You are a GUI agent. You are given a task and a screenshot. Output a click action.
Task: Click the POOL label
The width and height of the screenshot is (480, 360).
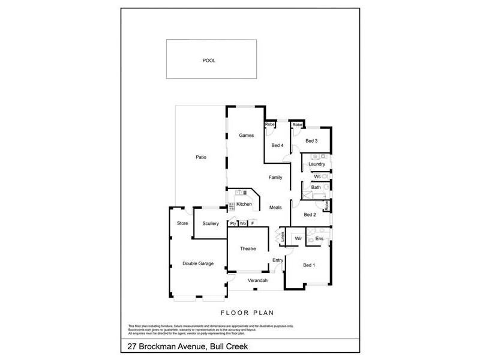209,61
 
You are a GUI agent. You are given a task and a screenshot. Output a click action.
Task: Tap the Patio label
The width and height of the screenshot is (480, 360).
201,157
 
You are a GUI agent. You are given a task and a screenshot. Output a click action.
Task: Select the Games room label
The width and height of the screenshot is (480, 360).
247,136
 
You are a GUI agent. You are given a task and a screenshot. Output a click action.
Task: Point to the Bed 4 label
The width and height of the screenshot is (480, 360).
277,145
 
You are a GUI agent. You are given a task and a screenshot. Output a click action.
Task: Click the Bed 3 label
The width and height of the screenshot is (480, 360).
311,141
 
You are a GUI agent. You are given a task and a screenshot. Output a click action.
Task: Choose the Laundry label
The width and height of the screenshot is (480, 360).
316,164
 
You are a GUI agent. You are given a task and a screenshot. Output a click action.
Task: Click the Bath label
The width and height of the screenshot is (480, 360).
316,188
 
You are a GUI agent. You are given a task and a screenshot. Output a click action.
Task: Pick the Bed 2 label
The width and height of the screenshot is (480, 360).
310,214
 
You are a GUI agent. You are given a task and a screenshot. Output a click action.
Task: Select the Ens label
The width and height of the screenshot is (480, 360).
319,239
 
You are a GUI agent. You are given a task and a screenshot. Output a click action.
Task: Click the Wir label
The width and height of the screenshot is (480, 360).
296,239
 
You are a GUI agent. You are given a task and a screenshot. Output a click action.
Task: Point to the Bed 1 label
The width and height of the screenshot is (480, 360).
308,265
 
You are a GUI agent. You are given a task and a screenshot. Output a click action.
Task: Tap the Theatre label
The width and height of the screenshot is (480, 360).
248,248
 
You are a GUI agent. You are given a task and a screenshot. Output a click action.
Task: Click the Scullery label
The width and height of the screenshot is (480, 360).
210,224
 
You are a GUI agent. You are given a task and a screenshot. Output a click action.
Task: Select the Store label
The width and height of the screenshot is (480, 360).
182,223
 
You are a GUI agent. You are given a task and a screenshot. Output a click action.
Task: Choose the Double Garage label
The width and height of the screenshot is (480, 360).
198,263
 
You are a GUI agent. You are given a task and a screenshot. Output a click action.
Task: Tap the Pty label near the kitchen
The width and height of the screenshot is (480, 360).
233,224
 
